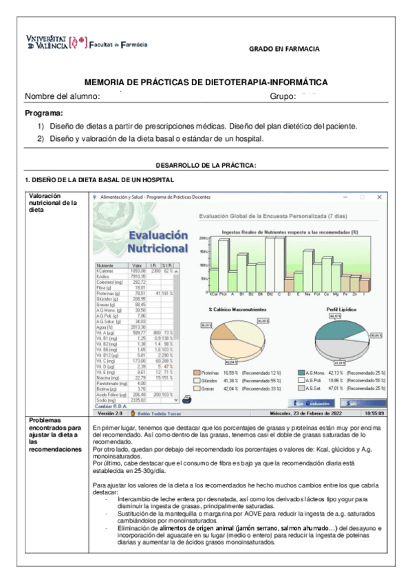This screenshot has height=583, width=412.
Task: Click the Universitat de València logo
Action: click(x=56, y=43)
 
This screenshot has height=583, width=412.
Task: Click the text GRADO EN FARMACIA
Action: click(x=283, y=49)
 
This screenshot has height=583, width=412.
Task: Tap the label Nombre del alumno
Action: click(x=63, y=96)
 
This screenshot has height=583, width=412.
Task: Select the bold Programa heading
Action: click(x=43, y=113)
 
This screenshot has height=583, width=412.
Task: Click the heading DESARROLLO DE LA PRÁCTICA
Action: click(x=206, y=166)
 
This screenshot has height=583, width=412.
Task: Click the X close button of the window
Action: click(x=380, y=197)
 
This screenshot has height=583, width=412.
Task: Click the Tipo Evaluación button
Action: click(x=314, y=403)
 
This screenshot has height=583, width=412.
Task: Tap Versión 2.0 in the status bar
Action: click(x=110, y=414)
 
